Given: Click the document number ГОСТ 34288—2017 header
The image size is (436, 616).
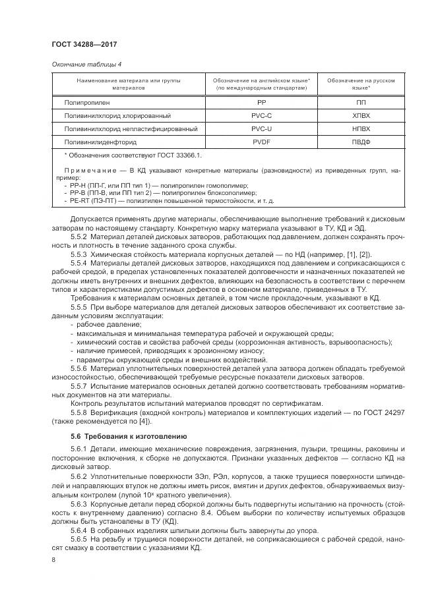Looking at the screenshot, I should coord(84,43).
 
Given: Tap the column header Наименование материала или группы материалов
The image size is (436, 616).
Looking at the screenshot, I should coord(128,84).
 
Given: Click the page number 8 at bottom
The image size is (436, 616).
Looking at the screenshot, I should coord(53,559).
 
